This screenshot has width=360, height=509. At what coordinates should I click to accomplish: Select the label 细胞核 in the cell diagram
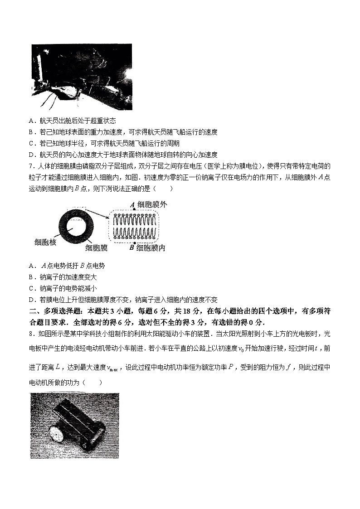[x=45, y=242]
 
